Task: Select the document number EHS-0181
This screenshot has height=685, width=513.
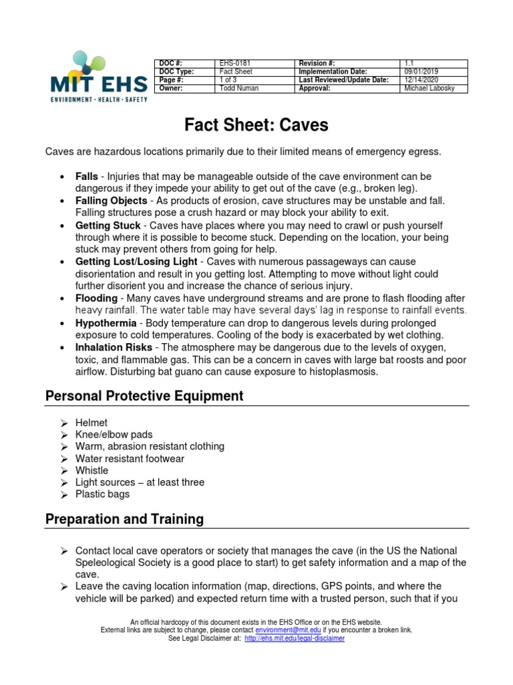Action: pyautogui.click(x=233, y=64)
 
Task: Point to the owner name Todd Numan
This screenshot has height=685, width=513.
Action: pyautogui.click(x=238, y=88)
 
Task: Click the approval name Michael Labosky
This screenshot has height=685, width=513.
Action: pyautogui.click(x=430, y=88)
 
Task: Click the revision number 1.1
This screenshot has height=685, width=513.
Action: pyautogui.click(x=409, y=64)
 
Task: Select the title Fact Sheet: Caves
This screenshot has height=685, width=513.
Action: pyautogui.click(x=256, y=125)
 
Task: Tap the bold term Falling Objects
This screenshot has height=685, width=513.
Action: pyautogui.click(x=111, y=201)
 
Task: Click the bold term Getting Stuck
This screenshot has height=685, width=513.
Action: pyautogui.click(x=108, y=225)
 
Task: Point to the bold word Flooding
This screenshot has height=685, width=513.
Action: pyautogui.click(x=96, y=298)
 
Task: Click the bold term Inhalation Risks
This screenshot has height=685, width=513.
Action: pyautogui.click(x=114, y=347)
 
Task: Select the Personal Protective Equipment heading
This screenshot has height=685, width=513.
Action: pyautogui.click(x=144, y=396)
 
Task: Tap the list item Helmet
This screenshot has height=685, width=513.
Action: pyautogui.click(x=92, y=423)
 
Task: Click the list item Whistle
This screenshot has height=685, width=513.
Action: pyautogui.click(x=92, y=470)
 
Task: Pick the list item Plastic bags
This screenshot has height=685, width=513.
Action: pyautogui.click(x=102, y=494)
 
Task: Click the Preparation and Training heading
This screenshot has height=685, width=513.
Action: pyautogui.click(x=124, y=519)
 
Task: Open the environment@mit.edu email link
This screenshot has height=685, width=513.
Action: pyautogui.click(x=288, y=630)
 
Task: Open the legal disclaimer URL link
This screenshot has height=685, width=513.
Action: pyautogui.click(x=295, y=639)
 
